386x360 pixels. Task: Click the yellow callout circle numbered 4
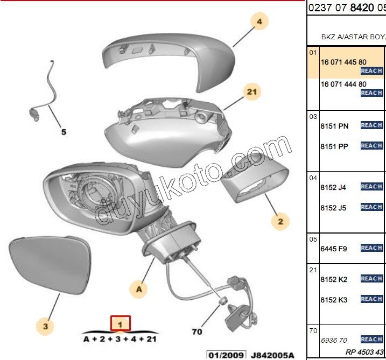point(259,22)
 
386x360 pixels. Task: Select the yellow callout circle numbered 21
point(251,93)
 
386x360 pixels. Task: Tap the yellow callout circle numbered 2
point(280,221)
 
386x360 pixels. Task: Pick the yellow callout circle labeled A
point(139,290)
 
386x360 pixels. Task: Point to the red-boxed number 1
point(121,324)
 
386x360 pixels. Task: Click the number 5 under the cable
point(63,131)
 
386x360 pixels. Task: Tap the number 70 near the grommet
point(198,331)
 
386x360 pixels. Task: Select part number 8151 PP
point(334,146)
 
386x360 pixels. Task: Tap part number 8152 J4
point(333,187)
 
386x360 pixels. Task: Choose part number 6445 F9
point(334,249)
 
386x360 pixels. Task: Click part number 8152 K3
point(334,300)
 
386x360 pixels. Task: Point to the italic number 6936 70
point(334,340)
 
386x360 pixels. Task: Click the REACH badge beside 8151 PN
point(371,125)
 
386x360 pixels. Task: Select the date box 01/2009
point(227,355)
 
